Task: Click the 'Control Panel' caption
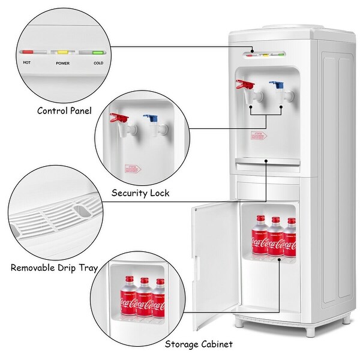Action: [64, 110]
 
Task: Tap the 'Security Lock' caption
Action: [140, 193]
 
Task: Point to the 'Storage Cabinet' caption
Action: [199, 344]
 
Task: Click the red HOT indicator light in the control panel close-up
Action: [28, 53]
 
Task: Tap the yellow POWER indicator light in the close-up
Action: [62, 53]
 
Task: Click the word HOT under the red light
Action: [27, 62]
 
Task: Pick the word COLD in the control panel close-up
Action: [98, 62]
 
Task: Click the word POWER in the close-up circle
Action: [62, 62]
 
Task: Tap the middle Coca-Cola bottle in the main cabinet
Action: [275, 238]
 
